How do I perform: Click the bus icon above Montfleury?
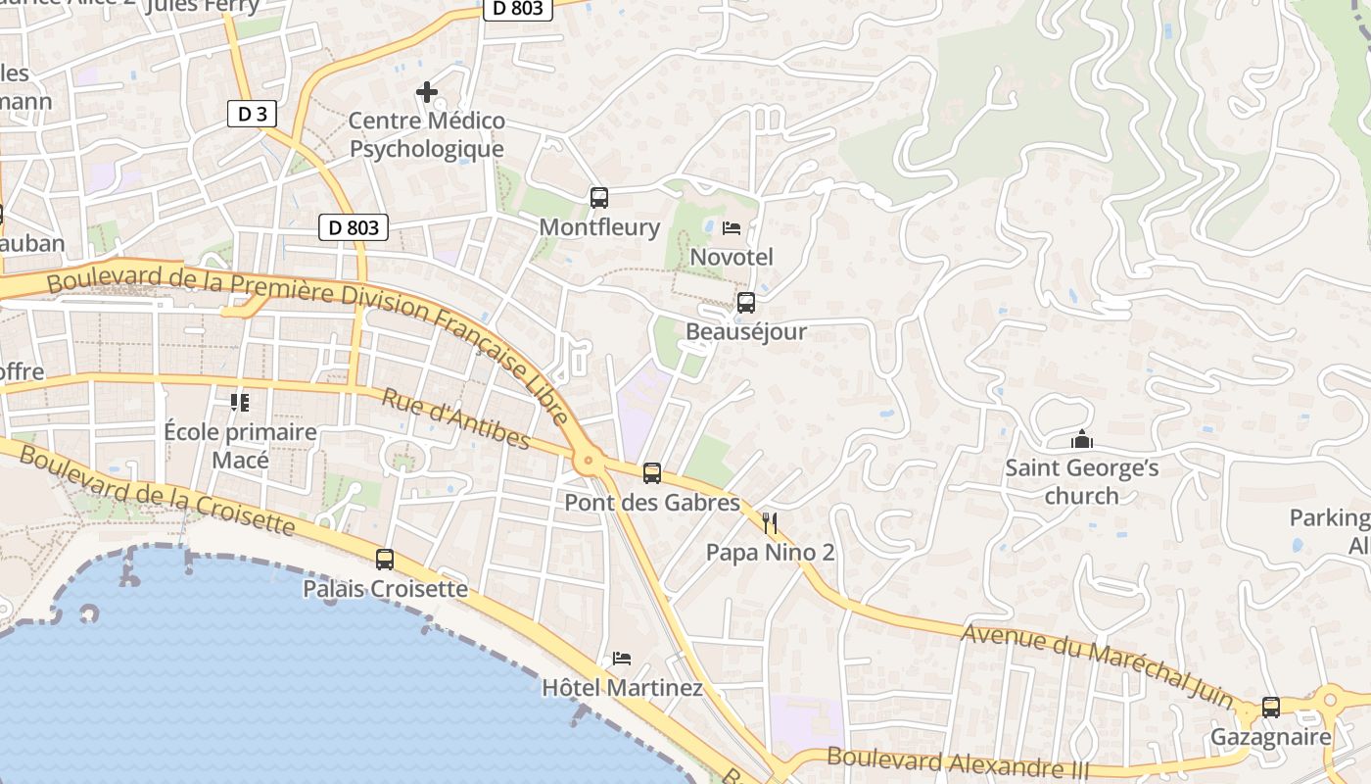pos(599,198)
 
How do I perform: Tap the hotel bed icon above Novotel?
pos(731,228)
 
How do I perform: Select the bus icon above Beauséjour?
pos(746,303)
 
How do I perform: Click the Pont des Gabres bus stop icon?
pos(652,473)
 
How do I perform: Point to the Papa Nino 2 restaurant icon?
pos(770,523)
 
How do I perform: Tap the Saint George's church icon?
pos(1082,439)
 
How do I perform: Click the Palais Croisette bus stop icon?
pos(385,560)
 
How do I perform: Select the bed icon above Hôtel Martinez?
pos(622,658)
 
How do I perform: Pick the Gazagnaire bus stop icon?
pos(1271,707)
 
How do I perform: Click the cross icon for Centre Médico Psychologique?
pos(427,92)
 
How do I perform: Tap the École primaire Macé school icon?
pos(240,402)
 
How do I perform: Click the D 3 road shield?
pos(252,114)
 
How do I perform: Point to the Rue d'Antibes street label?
pos(455,418)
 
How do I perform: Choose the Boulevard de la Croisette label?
pos(157,490)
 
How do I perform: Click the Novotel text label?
pos(732,257)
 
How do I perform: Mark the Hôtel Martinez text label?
pos(622,688)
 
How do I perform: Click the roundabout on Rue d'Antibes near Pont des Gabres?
pos(588,460)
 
